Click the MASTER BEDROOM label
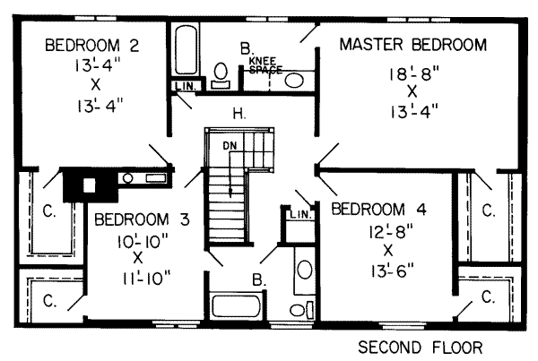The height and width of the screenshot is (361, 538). [413, 45]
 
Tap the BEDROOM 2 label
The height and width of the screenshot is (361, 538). [92, 46]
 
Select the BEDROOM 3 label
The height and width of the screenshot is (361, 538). [142, 219]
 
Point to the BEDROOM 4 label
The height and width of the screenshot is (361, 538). [378, 209]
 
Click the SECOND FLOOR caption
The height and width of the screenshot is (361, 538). [421, 348]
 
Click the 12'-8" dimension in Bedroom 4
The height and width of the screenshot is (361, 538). [391, 232]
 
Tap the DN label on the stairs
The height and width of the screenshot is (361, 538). [230, 146]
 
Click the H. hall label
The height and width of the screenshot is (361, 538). [239, 114]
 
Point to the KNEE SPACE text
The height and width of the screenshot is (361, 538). [265, 65]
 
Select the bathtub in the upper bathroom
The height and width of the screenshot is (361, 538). [186, 50]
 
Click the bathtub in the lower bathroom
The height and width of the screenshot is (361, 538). [236, 306]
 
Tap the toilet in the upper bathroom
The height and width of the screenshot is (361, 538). [221, 75]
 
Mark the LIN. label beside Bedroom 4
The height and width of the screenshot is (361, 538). [300, 215]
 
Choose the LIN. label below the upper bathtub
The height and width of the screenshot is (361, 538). [186, 86]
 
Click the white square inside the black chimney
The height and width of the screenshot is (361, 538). [89, 185]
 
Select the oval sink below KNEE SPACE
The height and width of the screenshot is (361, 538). [294, 81]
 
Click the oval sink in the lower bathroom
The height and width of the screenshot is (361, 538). [304, 269]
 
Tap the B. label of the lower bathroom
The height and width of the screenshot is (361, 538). [259, 280]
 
